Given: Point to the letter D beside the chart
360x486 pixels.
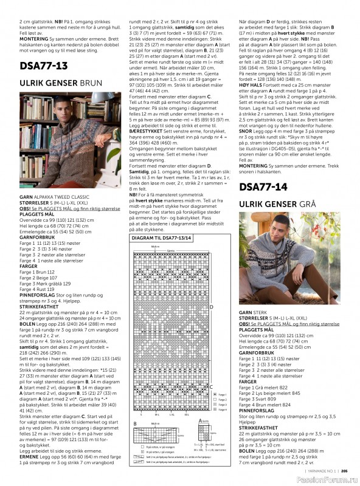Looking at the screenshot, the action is (x=211, y=307).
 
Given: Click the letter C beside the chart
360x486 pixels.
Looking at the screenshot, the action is (x=211, y=386).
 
